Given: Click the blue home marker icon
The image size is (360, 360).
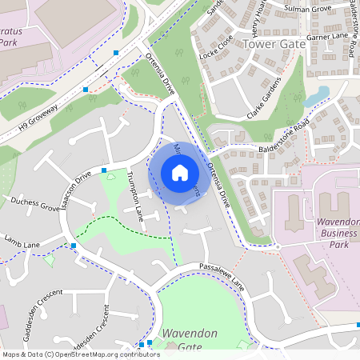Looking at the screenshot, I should point(179,173).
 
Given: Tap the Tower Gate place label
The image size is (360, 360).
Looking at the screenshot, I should point(274,45).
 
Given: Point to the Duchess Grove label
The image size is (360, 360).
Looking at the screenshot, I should point(34,205).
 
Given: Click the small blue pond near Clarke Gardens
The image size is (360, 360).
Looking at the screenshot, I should point(316,98).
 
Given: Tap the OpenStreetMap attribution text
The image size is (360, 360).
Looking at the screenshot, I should point(81,354).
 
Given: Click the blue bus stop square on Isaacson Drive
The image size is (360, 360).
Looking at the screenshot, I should point(104,170).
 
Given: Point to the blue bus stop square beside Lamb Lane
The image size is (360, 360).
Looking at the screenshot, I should point(73,246).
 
